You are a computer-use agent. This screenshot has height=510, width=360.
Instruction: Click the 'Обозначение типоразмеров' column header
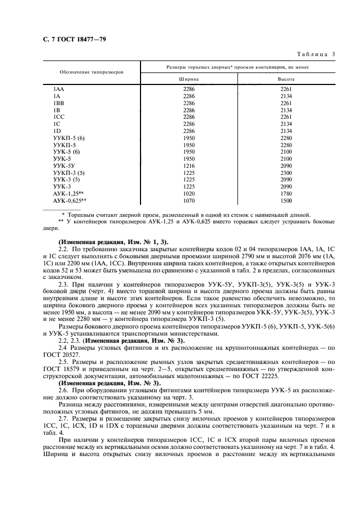[x=91, y=72]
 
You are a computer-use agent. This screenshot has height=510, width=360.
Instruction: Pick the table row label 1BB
[x=58, y=102]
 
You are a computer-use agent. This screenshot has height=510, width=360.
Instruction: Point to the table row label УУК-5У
[x=64, y=164]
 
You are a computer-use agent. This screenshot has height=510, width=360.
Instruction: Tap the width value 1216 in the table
[x=189, y=164]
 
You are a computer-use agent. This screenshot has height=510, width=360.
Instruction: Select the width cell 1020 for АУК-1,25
[x=189, y=193]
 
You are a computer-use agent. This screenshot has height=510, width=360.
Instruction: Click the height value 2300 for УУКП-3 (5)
[x=286, y=172]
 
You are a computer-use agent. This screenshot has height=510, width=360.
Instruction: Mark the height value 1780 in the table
[x=286, y=193]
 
